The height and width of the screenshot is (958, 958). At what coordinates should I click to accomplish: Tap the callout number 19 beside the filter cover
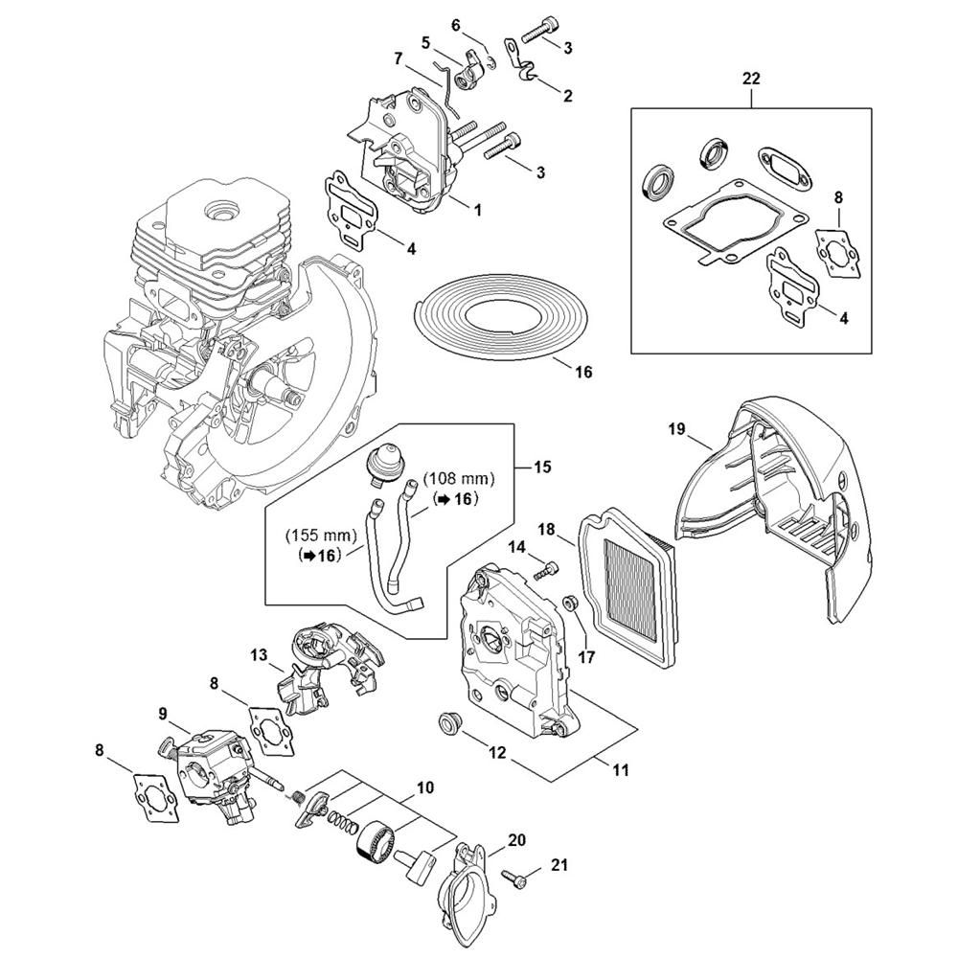point(676,430)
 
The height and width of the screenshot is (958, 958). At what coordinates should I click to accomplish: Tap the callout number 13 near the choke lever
point(258,655)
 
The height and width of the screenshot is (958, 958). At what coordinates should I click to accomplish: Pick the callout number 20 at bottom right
point(516,840)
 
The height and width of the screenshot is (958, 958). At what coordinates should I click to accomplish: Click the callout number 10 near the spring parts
point(424,787)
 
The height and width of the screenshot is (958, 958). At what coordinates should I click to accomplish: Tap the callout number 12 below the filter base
point(497,753)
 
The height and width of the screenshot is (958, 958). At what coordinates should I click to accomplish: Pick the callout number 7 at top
point(398,59)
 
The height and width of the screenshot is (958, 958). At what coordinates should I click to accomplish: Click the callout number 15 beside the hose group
point(542,467)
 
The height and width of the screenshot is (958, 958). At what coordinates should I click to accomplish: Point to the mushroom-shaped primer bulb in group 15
point(384,468)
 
